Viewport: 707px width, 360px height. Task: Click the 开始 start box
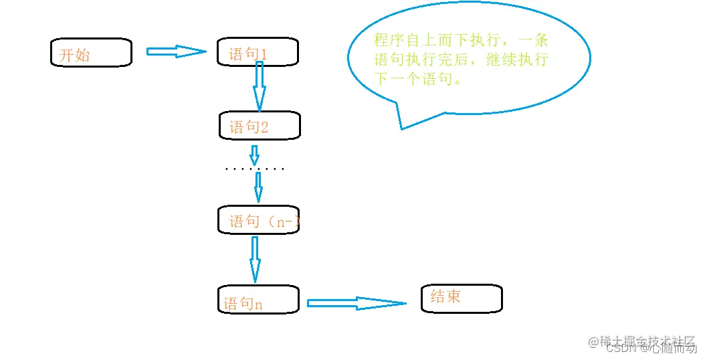(x=91, y=53)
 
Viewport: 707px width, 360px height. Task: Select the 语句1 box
(x=258, y=52)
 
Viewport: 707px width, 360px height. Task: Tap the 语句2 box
(x=260, y=126)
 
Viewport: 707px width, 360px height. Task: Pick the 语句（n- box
(x=258, y=220)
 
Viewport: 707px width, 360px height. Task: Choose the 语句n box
(x=258, y=299)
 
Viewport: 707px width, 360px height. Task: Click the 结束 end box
(x=462, y=298)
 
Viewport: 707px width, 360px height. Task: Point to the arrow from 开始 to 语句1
(x=176, y=52)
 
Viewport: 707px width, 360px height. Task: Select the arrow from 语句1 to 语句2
(x=260, y=87)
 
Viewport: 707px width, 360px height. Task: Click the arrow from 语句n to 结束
(x=357, y=303)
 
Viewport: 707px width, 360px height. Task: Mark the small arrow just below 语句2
(x=254, y=155)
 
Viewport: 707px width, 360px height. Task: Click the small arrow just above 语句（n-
(x=258, y=191)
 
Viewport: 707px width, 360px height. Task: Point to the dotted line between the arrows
(x=255, y=169)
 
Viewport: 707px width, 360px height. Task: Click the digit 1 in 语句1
(x=264, y=55)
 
